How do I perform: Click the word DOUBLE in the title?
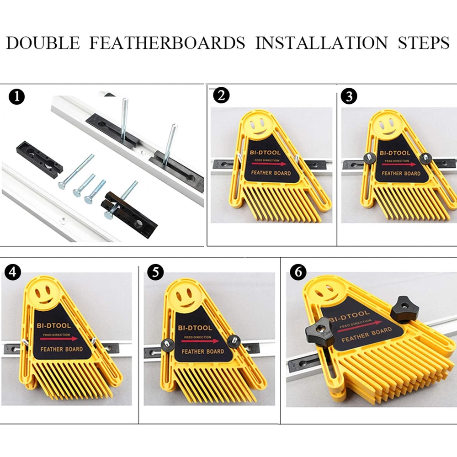(43, 43)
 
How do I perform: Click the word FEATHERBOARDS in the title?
(167, 43)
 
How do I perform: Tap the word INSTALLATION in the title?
(321, 43)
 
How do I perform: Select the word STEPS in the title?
(424, 43)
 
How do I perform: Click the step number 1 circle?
(16, 97)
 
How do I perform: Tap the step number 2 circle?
(221, 96)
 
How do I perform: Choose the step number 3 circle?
(349, 96)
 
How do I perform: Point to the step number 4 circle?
(13, 272)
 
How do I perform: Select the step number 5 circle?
(155, 272)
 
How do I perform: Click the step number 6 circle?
(298, 272)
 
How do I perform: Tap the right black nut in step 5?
(234, 341)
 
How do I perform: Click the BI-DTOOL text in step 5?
(195, 328)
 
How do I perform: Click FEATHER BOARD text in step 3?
(401, 173)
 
